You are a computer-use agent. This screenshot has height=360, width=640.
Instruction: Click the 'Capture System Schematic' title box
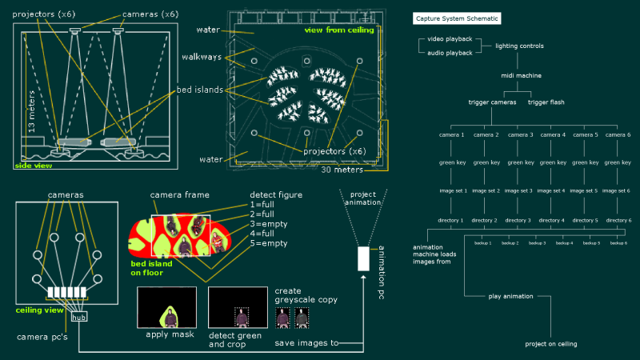(454, 18)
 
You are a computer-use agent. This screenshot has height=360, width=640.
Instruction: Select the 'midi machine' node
(521, 75)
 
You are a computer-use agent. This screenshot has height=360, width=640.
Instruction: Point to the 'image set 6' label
(618, 190)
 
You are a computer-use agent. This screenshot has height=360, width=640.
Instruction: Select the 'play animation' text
(510, 296)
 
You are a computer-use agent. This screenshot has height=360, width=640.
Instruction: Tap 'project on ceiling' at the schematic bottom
(551, 344)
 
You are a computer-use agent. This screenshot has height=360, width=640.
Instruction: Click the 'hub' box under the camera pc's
(79, 318)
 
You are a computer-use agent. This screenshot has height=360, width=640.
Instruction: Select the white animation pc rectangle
(363, 258)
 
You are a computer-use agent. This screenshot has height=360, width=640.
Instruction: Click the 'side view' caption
(33, 166)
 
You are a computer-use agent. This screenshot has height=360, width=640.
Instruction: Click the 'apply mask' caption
(166, 334)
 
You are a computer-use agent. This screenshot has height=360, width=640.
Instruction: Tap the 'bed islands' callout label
(201, 90)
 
